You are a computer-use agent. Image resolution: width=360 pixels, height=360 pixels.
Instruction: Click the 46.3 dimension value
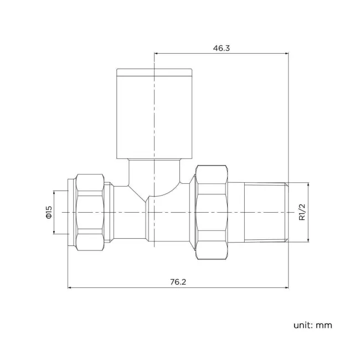coord(221,48)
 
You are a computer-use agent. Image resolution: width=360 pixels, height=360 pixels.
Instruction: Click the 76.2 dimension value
coord(178,282)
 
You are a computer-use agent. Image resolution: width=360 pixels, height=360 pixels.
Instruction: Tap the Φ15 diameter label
coord(48,212)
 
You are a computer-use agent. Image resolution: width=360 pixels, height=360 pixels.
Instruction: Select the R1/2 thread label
coord(302,212)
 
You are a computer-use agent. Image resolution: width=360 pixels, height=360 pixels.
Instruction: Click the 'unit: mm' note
coord(313,325)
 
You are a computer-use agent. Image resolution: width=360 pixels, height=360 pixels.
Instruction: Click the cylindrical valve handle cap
coord(155,114)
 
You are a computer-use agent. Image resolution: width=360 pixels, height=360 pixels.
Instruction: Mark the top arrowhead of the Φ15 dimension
coord(54,192)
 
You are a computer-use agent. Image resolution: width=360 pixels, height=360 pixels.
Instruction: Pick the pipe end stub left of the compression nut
coord(71,213)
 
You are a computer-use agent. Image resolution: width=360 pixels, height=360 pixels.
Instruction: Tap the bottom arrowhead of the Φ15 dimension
coord(54,233)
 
